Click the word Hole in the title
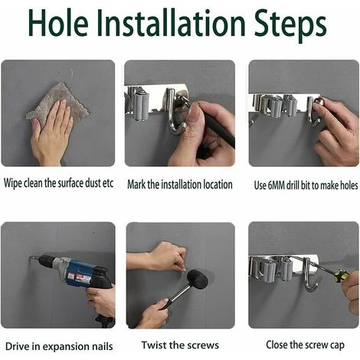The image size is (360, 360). (59, 22)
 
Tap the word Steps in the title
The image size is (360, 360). (290, 25)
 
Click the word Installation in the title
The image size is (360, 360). (172, 22)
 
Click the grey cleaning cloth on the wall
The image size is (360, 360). (57, 102)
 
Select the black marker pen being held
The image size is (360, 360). (220, 128)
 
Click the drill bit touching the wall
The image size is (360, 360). (34, 258)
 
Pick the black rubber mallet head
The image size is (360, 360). (198, 280)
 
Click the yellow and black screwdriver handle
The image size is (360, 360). (342, 276)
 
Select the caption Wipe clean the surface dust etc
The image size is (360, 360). (58, 183)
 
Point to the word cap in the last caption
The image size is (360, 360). (337, 345)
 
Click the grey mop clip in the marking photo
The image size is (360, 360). (139, 106)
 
